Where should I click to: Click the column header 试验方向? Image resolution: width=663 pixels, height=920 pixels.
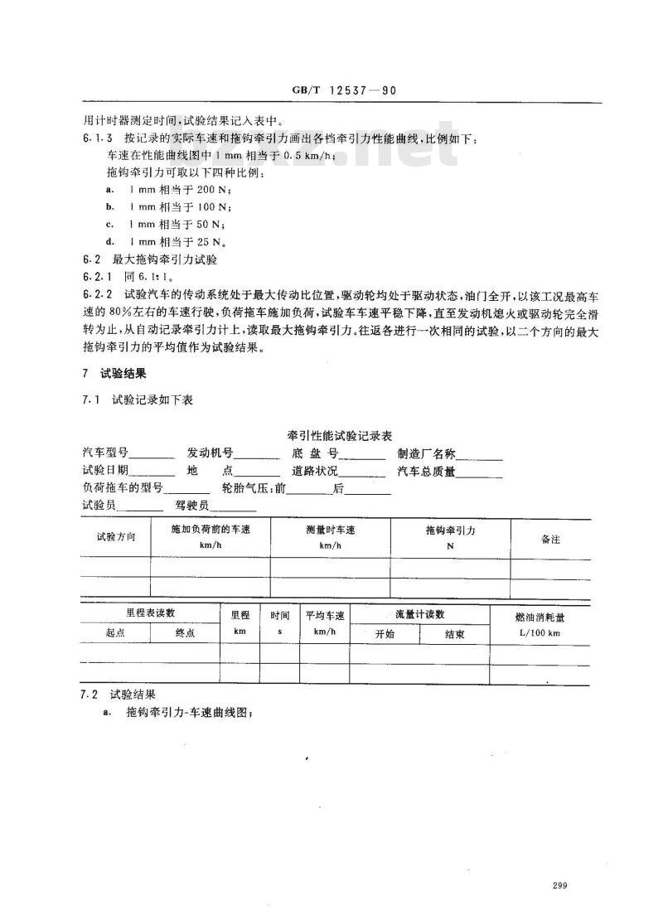tap(115, 537)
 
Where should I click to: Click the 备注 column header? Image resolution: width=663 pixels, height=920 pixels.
tap(550, 539)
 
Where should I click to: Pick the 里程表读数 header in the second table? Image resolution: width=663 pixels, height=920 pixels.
tap(150, 613)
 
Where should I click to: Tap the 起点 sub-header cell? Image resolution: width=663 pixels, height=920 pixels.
tap(115, 632)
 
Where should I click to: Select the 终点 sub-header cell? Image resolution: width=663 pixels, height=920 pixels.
tap(185, 632)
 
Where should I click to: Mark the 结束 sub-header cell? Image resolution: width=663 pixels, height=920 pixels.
tap(454, 634)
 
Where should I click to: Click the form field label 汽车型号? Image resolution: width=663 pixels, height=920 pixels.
tap(105, 453)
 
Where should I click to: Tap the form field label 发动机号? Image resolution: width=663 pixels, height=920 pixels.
tap(210, 453)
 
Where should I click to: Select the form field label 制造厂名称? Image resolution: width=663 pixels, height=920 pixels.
tap(426, 453)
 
